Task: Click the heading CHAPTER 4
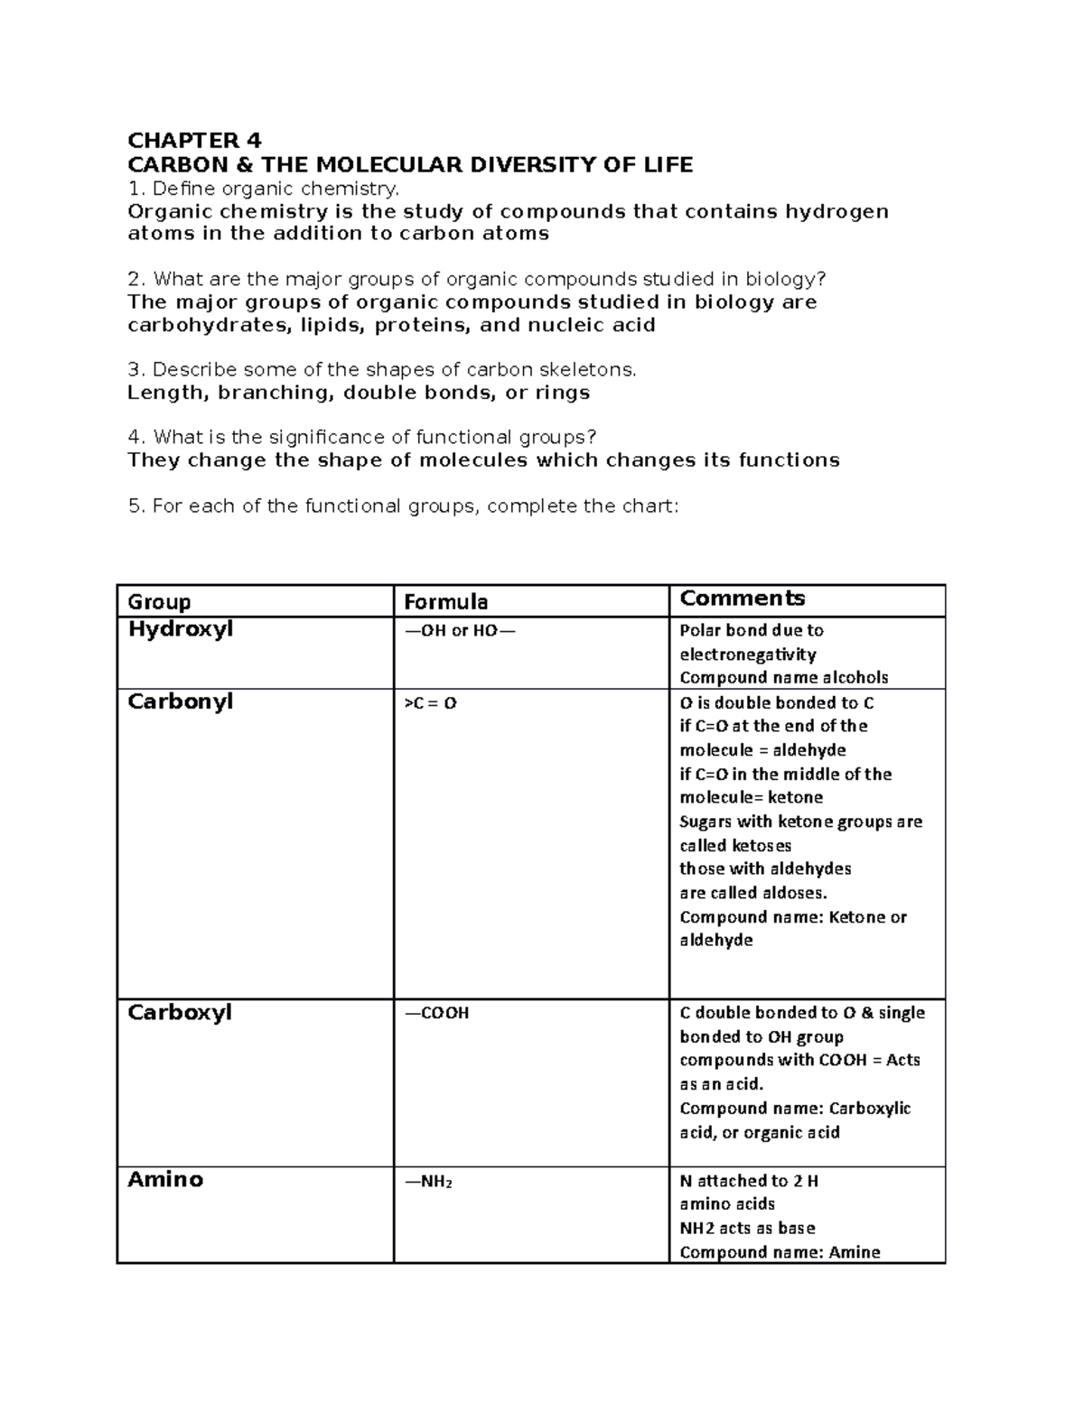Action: click(194, 141)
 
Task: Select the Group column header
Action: click(159, 602)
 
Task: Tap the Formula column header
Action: click(445, 602)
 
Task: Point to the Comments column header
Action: click(742, 599)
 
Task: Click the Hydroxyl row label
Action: click(180, 629)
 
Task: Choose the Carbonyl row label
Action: click(180, 701)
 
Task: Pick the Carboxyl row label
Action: click(179, 1013)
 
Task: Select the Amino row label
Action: click(165, 1180)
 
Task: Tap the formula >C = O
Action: click(430, 703)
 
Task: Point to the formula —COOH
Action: click(436, 1014)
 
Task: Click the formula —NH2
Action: click(427, 1181)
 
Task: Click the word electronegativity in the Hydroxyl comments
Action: click(747, 655)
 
